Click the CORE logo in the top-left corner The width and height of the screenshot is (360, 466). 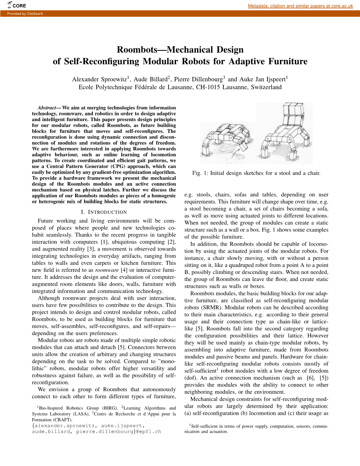coord(17,5)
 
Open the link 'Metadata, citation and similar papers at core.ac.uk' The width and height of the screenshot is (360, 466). coord(300,6)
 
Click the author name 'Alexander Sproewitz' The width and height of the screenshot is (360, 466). coord(100,79)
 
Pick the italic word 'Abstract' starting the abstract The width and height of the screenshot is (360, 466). coord(47,108)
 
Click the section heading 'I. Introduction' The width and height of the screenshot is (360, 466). coord(104,212)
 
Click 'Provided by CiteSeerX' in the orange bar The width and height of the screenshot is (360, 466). coord(25,14)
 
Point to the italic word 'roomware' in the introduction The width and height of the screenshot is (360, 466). coord(107,270)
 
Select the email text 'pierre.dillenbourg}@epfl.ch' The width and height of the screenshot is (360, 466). coord(119,431)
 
